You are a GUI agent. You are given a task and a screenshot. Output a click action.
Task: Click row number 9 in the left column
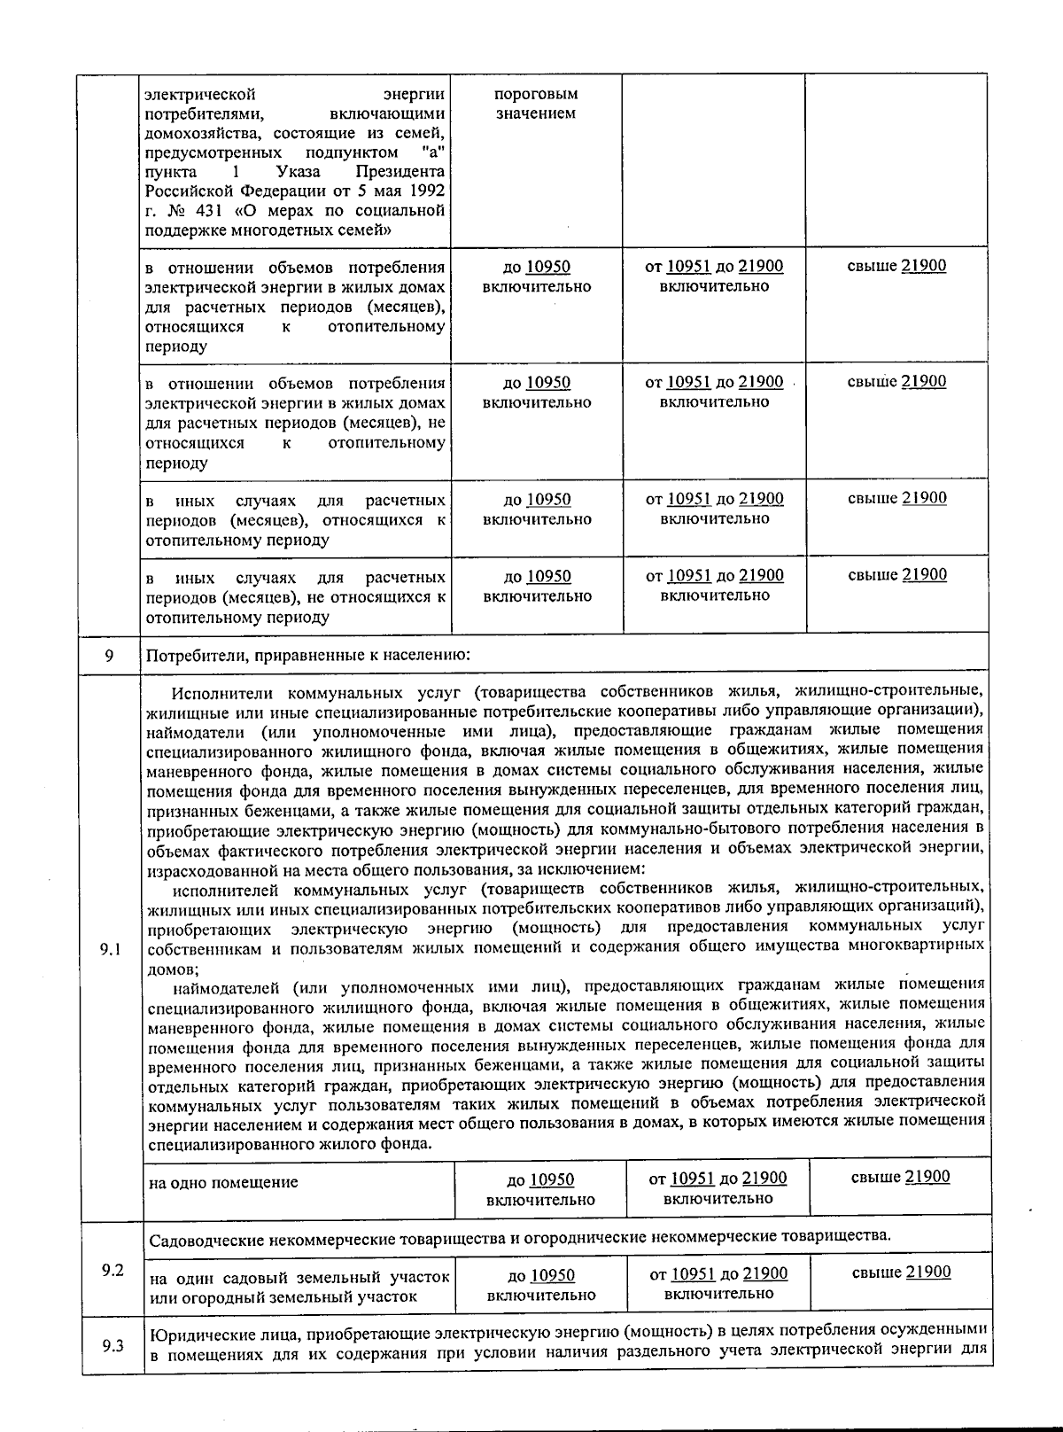click(x=109, y=656)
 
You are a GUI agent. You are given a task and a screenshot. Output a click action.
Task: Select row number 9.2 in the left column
click(x=112, y=1271)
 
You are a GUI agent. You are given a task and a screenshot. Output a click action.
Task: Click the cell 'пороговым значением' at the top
click(x=536, y=104)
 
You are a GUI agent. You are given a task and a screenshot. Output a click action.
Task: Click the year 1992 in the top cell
click(x=426, y=191)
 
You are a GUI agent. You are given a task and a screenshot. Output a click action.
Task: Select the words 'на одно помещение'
click(x=223, y=1182)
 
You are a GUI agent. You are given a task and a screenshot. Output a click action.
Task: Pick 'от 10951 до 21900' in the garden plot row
click(x=718, y=1274)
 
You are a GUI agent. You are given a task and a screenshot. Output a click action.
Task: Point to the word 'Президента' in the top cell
click(x=400, y=172)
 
